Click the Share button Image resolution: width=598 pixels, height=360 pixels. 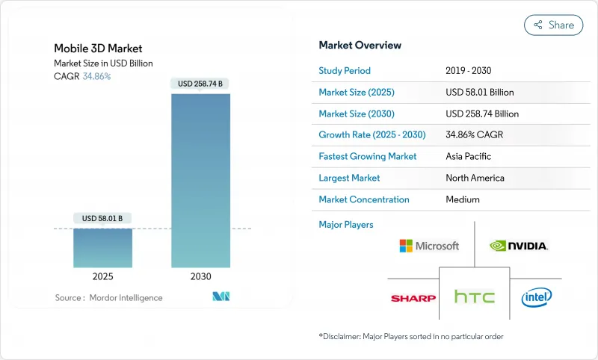553,25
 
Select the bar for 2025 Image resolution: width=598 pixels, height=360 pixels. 102,247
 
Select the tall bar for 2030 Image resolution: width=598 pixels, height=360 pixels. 201,180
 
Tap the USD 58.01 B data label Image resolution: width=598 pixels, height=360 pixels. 102,218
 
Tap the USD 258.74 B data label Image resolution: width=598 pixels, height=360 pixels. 201,84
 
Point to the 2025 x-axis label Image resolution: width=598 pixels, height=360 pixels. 102,276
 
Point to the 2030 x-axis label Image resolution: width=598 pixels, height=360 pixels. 201,276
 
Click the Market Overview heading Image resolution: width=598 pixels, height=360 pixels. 360,45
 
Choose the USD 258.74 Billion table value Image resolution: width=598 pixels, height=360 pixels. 481,114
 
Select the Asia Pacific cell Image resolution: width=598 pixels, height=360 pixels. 468,157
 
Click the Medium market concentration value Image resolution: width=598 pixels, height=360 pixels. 463,199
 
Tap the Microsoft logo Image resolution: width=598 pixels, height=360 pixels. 429,246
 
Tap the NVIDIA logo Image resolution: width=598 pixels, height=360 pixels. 519,245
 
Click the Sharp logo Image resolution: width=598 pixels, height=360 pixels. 413,298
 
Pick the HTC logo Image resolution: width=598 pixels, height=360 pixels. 475,297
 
